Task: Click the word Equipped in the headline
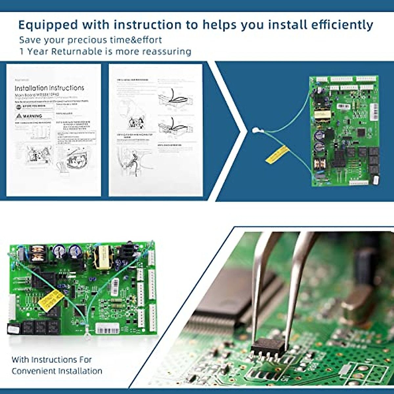coord(48,25)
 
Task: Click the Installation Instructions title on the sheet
coord(49,88)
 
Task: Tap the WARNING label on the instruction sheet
coord(32,116)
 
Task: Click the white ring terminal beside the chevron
coord(256,131)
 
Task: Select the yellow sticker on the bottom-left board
coord(51,300)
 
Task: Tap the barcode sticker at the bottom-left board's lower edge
coord(107,328)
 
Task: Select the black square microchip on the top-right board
coord(361,132)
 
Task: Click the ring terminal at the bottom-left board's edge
coord(88,335)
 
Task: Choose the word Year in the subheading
coord(38,52)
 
